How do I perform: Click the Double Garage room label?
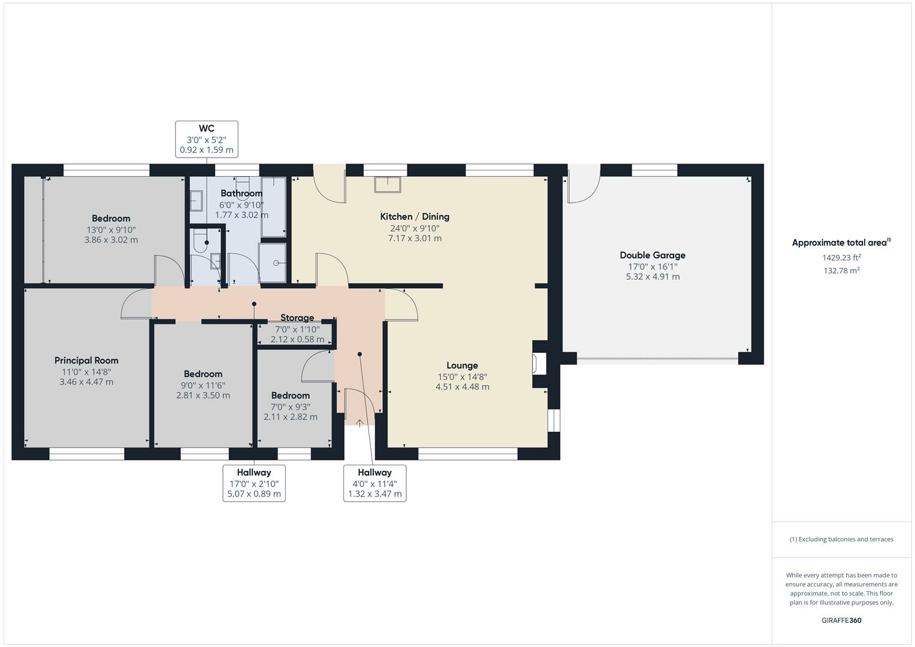(x=653, y=255)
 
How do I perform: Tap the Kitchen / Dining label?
(x=415, y=216)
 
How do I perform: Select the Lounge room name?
(x=462, y=365)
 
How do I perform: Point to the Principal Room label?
(x=86, y=360)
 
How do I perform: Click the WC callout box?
(x=207, y=139)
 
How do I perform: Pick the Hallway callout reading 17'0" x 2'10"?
(x=254, y=483)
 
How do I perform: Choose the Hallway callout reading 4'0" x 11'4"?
(x=375, y=483)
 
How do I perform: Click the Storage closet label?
(x=297, y=318)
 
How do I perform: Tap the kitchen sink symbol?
(x=388, y=185)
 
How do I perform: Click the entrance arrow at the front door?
(x=360, y=423)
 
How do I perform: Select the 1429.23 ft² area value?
(x=841, y=258)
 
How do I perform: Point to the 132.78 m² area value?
(x=841, y=270)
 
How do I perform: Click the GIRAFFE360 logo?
(x=841, y=621)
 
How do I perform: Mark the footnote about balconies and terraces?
(x=841, y=539)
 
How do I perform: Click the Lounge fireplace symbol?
(x=539, y=364)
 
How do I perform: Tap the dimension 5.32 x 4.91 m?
(x=653, y=277)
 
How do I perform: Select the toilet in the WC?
(x=201, y=241)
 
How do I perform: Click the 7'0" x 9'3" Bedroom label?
(x=291, y=395)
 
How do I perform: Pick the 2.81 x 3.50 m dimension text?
(x=203, y=395)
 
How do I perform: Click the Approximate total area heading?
(x=841, y=243)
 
